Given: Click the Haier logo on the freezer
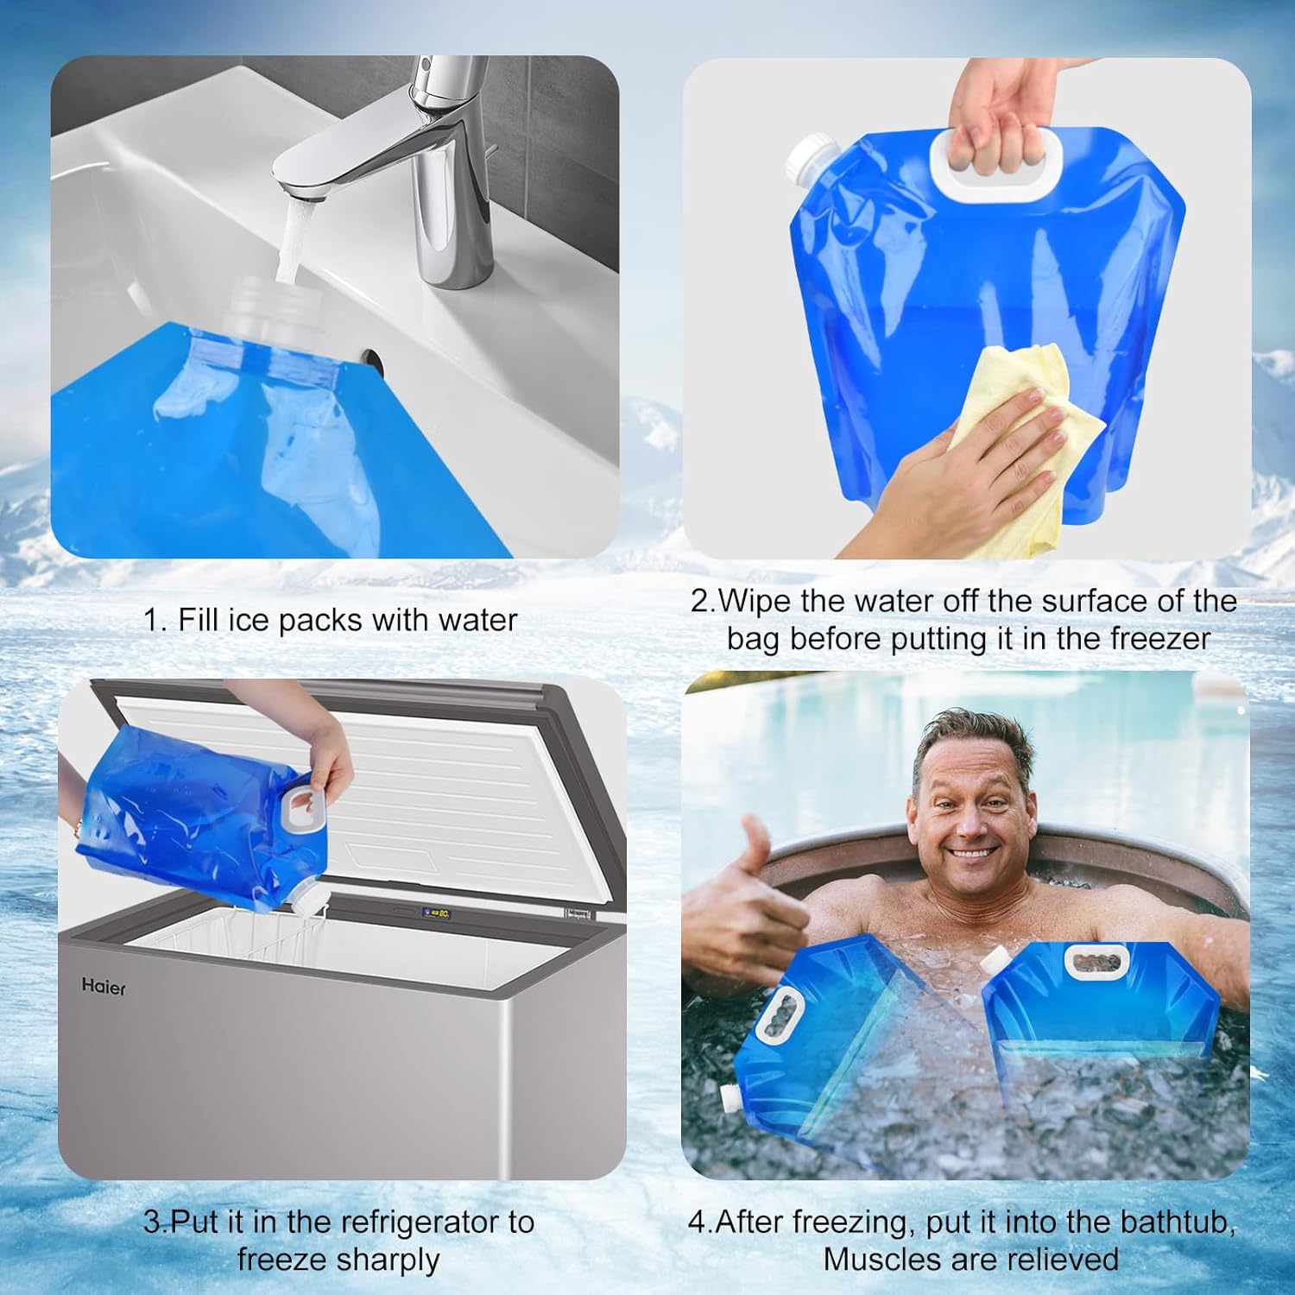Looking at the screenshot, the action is (104, 986).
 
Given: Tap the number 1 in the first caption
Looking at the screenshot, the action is (153, 620).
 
